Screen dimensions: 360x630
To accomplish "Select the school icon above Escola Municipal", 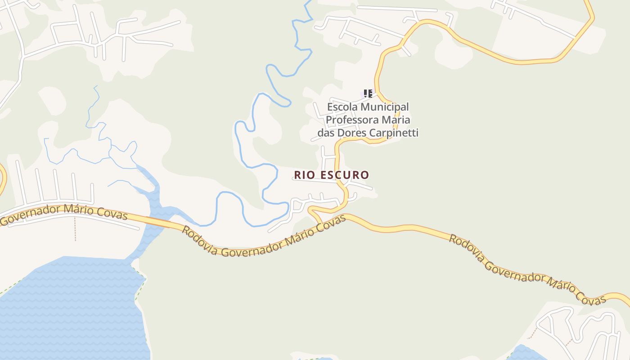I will pyautogui.click(x=368, y=94).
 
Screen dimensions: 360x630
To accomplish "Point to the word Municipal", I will pyautogui.click(x=387, y=107).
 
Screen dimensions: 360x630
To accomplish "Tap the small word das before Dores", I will pyautogui.click(x=326, y=133).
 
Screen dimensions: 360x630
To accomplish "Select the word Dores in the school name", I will pyautogui.click(x=351, y=133).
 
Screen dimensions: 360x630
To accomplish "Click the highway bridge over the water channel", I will pyautogui.click(x=159, y=221).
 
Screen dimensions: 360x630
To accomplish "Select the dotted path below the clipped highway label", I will pyautogui.click(x=75, y=229).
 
